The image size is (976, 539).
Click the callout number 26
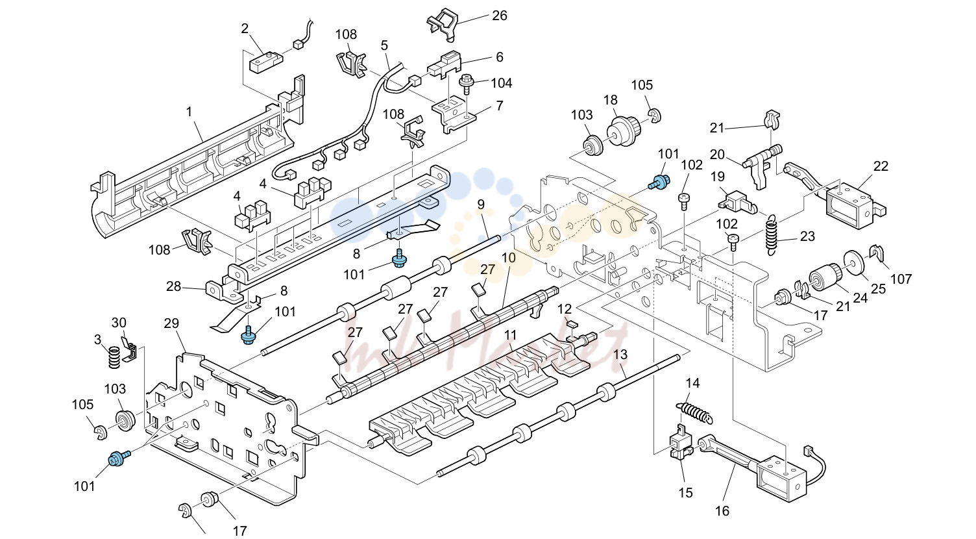coord(500,16)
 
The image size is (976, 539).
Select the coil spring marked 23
coord(772,235)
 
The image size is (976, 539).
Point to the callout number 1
coord(189,112)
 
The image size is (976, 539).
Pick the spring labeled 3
coord(114,357)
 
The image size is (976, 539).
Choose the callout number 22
coord(881,166)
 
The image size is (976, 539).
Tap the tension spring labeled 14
coord(696,413)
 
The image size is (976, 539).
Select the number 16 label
coord(722,510)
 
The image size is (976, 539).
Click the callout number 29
coord(171,323)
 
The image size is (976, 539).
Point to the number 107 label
coord(901,279)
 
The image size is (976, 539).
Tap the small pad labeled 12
coord(572,324)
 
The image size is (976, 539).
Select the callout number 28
coord(173,286)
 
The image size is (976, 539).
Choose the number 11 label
coord(510,335)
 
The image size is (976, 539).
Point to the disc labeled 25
coord(855,262)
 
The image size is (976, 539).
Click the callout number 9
coord(481,205)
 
